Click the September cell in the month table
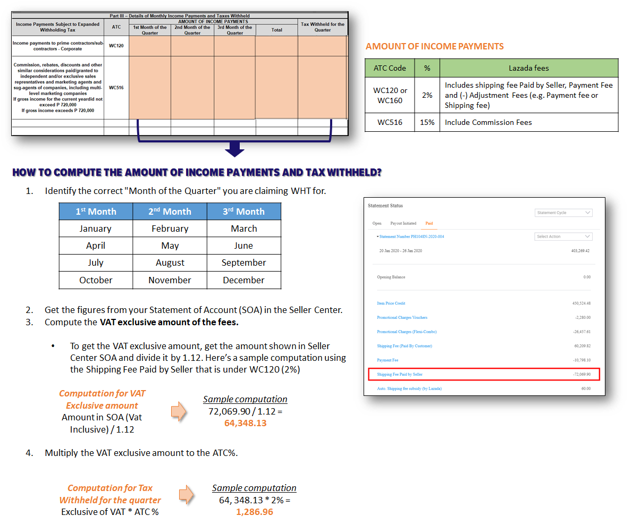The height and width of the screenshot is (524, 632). pyautogui.click(x=244, y=263)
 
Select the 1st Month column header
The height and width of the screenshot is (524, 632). pyautogui.click(x=96, y=212)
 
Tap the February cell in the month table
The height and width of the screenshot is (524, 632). pyautogui.click(x=170, y=229)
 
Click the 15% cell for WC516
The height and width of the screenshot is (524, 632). pyautogui.click(x=427, y=122)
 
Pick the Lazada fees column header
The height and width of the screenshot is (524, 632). pyautogui.click(x=529, y=68)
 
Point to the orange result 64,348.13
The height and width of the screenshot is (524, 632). pyautogui.click(x=246, y=423)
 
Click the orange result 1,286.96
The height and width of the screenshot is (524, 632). pyautogui.click(x=254, y=512)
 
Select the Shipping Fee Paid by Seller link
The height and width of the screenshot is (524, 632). pyautogui.click(x=400, y=375)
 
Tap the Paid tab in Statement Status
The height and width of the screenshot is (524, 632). pyautogui.click(x=429, y=223)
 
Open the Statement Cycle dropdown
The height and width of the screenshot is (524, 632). pyautogui.click(x=563, y=213)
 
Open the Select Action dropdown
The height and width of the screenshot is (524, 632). pyautogui.click(x=563, y=236)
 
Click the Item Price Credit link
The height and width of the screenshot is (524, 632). pyautogui.click(x=391, y=303)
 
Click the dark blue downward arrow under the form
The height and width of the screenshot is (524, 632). pyautogui.click(x=234, y=149)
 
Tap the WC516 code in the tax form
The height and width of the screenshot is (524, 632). pyautogui.click(x=116, y=88)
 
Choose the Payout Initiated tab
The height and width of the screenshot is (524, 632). pyautogui.click(x=403, y=223)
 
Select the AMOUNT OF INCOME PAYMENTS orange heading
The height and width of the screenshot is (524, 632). pyautogui.click(x=434, y=46)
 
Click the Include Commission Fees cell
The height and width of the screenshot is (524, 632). pyautogui.click(x=488, y=122)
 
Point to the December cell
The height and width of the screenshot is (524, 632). pyautogui.click(x=244, y=280)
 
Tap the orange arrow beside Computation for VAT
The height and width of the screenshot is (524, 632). pyautogui.click(x=179, y=411)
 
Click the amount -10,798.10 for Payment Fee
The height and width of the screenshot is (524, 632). pyautogui.click(x=582, y=360)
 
